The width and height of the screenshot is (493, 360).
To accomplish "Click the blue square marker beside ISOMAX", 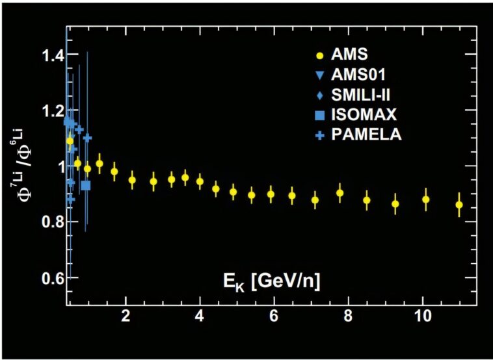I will [319, 116].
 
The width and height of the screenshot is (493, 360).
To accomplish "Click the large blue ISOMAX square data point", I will [85, 185].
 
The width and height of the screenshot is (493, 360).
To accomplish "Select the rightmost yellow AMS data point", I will [459, 205].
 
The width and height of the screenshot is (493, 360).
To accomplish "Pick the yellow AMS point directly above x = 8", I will [340, 193].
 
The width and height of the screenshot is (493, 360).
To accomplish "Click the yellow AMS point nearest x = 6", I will [271, 194].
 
